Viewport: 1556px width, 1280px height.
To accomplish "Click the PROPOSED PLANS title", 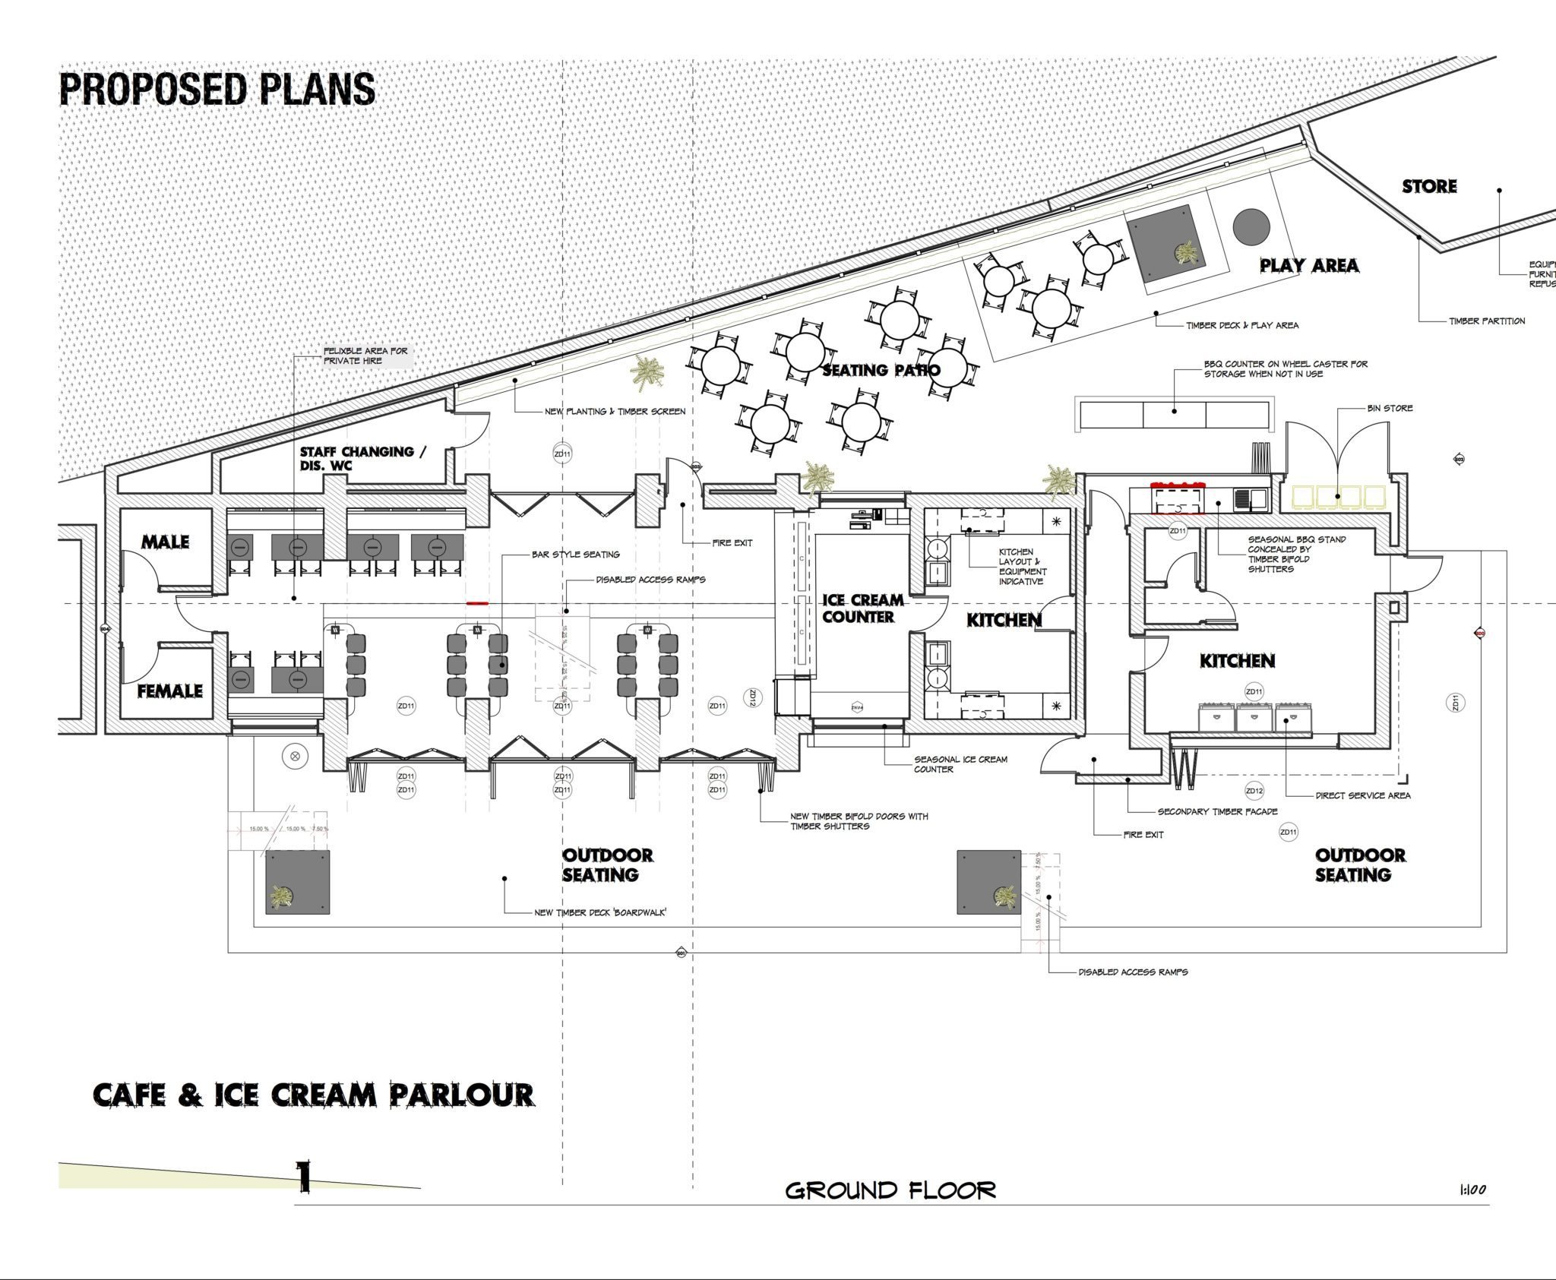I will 217,89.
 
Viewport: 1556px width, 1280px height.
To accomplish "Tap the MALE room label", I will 165,542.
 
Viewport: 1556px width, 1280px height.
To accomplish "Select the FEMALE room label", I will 169,691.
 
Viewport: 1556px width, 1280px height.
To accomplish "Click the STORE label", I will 1429,186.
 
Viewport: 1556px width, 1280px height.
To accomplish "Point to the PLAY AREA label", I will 1309,265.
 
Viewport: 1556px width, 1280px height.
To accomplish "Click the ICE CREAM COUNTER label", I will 862,608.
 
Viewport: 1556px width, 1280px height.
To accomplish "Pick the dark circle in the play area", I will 1251,226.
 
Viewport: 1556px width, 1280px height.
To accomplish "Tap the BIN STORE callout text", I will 1390,409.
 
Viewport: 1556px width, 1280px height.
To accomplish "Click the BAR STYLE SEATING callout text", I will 575,555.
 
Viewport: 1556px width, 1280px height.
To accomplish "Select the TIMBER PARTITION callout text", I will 1487,321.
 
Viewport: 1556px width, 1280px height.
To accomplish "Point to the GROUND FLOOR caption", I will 890,1190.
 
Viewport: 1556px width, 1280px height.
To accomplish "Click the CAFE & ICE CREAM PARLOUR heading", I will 313,1095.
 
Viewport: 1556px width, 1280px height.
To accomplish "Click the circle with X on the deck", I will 295,756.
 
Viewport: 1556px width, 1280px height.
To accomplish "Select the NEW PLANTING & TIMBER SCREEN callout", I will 615,412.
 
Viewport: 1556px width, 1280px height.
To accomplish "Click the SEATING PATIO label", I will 881,370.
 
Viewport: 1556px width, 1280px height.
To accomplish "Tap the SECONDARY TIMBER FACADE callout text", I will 1217,811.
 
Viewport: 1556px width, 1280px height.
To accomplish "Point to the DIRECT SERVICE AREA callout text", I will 1363,795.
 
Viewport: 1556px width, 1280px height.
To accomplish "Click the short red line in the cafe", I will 477,603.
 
